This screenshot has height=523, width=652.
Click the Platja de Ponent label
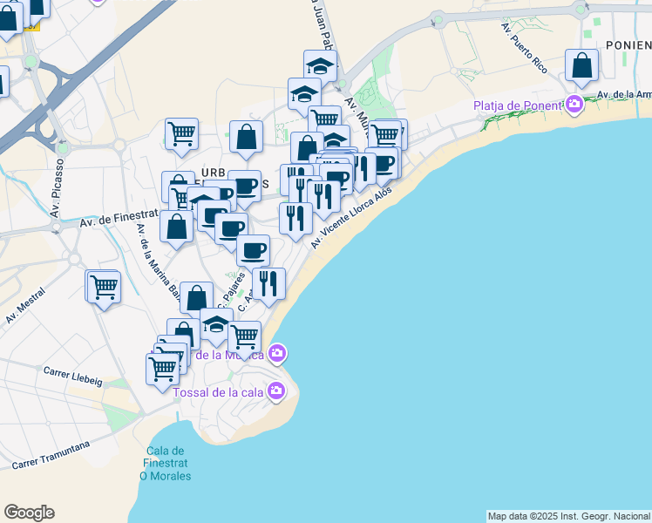click(x=518, y=106)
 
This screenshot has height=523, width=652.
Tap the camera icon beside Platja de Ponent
click(x=574, y=105)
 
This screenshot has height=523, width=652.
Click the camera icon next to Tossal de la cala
click(x=276, y=390)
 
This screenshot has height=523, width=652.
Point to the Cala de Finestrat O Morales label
click(x=166, y=463)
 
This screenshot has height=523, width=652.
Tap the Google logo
click(x=29, y=513)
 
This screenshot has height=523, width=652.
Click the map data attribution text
click(x=568, y=516)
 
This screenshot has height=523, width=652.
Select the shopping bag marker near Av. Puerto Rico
click(x=581, y=65)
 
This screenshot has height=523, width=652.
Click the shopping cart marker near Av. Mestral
click(x=104, y=286)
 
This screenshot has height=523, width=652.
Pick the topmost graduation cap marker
click(x=320, y=65)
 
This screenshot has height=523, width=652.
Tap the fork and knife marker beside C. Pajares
click(x=268, y=282)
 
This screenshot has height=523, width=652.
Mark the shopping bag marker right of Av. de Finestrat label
click(x=177, y=227)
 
